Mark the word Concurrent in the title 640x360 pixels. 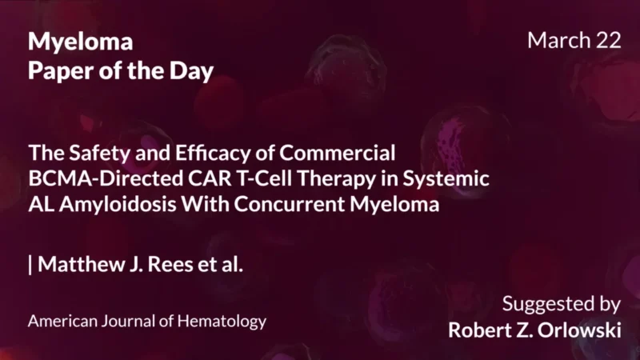[x=294, y=204]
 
